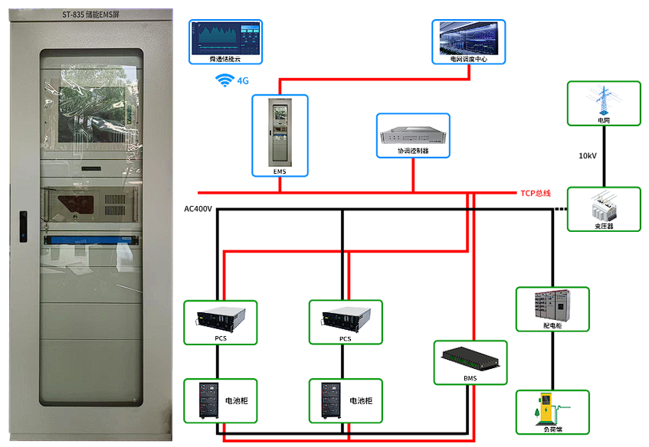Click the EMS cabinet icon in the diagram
(x=280, y=135)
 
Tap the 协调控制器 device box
(x=413, y=135)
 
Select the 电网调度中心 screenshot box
(x=469, y=41)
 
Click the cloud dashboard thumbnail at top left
(x=225, y=41)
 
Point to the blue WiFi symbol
(x=225, y=80)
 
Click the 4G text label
(x=244, y=80)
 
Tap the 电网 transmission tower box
(x=604, y=103)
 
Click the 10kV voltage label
(x=588, y=156)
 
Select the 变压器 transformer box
(x=604, y=209)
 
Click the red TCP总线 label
(x=536, y=193)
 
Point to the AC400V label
(x=198, y=208)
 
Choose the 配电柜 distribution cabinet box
(x=552, y=309)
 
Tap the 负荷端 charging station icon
(x=552, y=413)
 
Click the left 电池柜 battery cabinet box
(x=221, y=400)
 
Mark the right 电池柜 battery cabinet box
(x=346, y=400)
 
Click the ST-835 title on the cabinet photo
(x=90, y=13)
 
